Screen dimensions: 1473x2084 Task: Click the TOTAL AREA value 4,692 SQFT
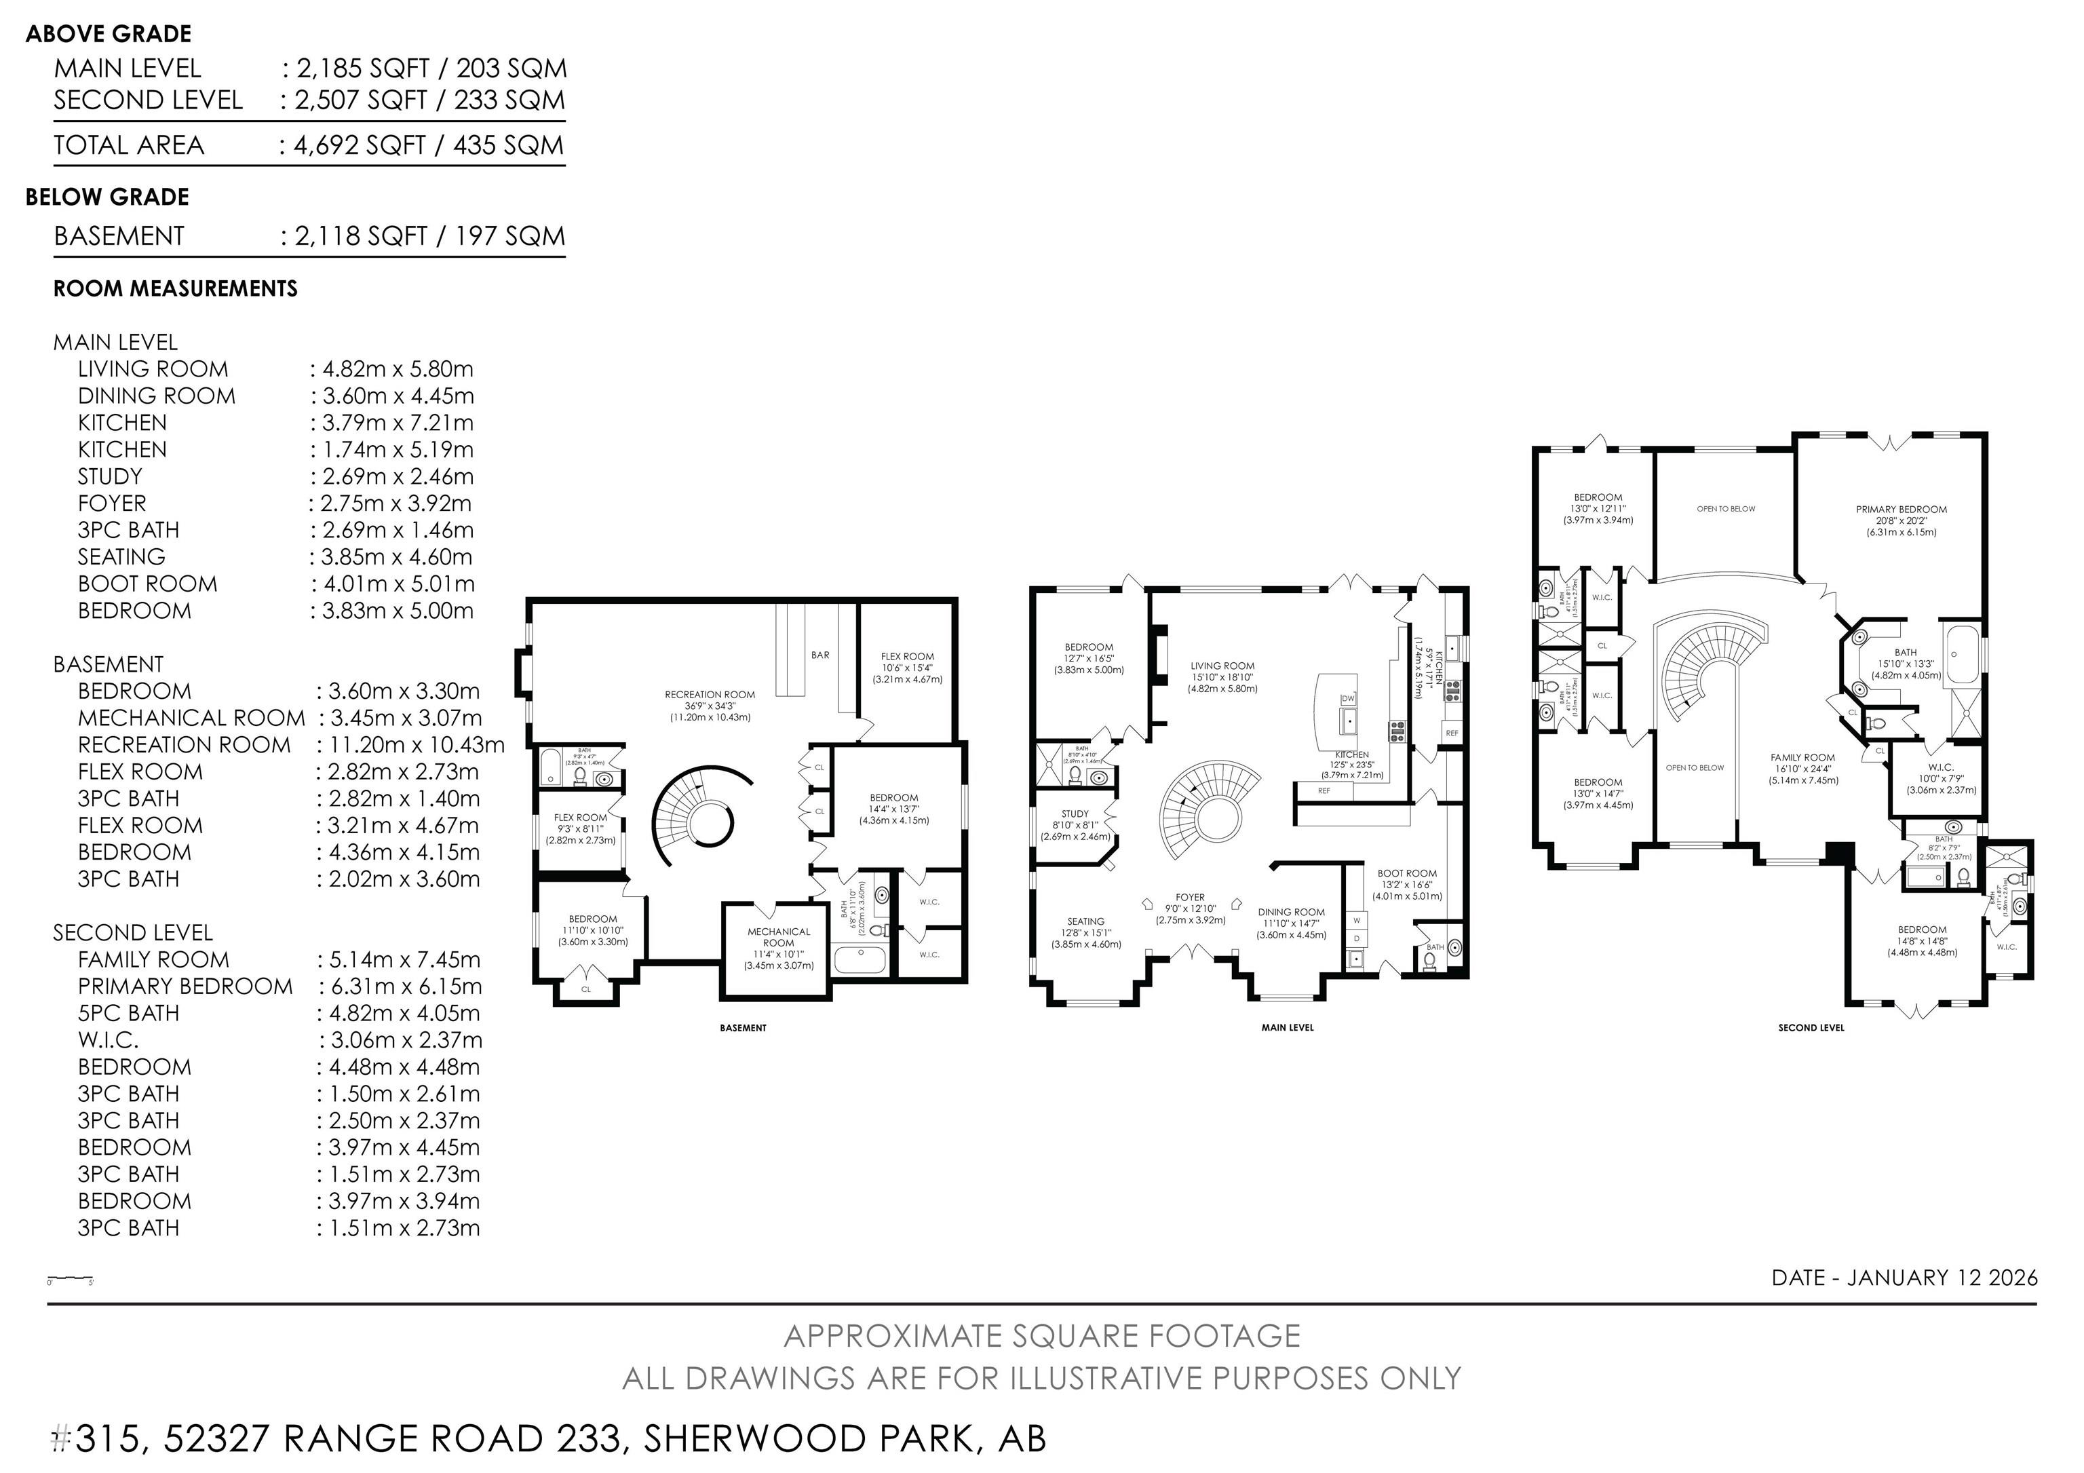(359, 145)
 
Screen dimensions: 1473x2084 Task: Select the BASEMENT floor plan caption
(742, 1029)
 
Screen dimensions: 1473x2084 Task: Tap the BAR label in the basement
(819, 654)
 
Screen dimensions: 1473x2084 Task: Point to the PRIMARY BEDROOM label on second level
(1901, 509)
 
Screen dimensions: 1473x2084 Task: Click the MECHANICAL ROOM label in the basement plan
(778, 936)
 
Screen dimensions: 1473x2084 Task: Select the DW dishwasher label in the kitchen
(1348, 698)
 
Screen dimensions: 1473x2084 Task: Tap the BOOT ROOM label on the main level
(1407, 873)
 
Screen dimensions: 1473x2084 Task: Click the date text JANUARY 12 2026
(1942, 1278)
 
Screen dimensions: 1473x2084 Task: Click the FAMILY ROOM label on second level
(1802, 757)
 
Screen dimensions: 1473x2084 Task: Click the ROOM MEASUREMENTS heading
(175, 288)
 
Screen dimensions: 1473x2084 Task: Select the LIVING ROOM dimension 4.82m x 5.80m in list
(398, 369)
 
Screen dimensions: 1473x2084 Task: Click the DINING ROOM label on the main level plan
(1291, 912)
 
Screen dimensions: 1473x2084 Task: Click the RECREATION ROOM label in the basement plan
(709, 694)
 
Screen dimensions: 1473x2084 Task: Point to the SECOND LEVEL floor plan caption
(1811, 1029)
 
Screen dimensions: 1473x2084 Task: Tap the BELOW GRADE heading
(107, 197)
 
